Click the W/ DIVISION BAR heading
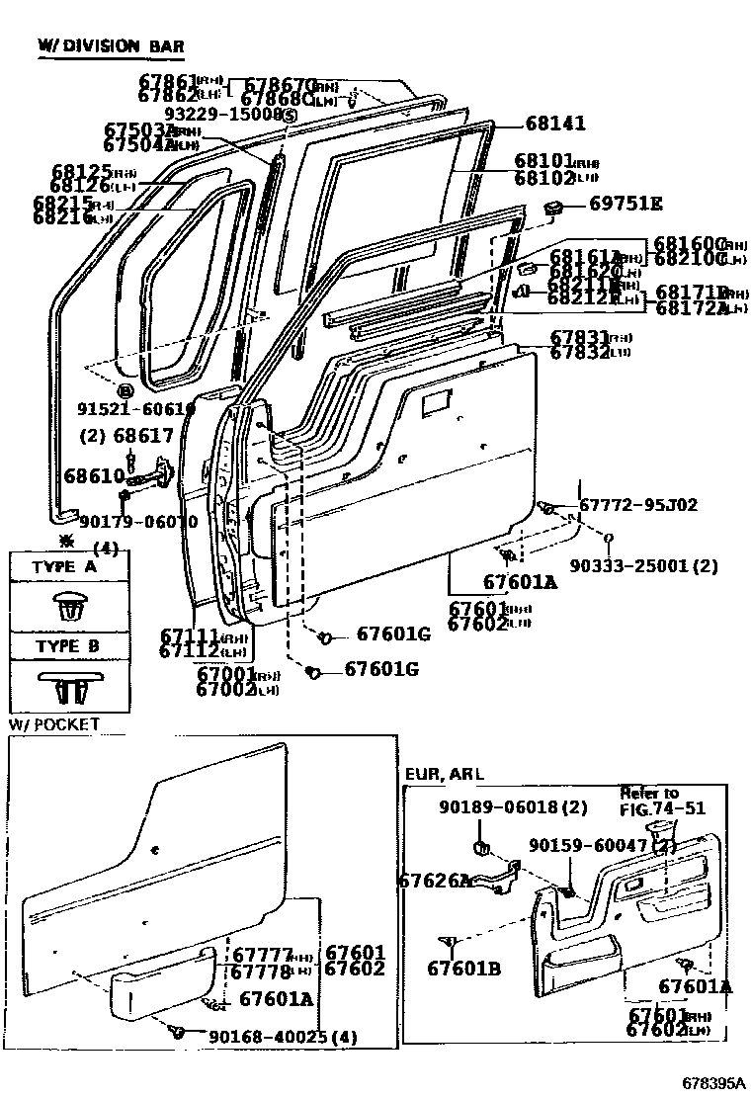[x=110, y=45]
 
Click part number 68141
[x=555, y=124]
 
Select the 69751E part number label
[x=626, y=204]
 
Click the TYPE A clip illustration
[x=69, y=605]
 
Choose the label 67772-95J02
[x=637, y=505]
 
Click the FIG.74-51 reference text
[x=662, y=807]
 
